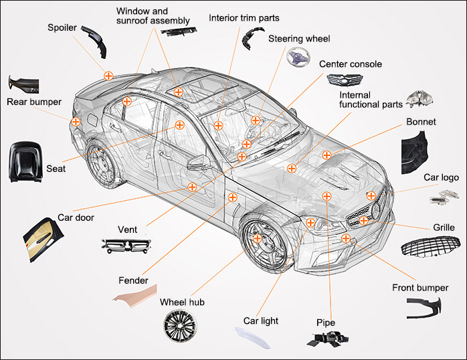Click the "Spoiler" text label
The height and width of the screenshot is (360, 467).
coord(62,27)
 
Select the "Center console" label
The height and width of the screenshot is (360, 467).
coord(350,64)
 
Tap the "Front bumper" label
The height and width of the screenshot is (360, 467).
coord(419,288)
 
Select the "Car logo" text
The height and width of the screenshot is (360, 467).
coord(441,177)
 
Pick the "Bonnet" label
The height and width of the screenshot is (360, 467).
coord(421,122)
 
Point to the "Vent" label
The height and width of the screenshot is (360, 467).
coord(127,230)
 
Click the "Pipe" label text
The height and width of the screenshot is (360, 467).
coord(325,323)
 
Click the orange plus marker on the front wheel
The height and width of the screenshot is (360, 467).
coord(258,238)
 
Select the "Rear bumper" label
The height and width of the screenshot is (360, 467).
coord(33,102)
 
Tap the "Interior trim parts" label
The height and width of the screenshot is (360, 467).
coord(244,17)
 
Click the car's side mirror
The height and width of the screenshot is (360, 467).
coord(199,162)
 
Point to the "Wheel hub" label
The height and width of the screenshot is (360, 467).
coord(181,302)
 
